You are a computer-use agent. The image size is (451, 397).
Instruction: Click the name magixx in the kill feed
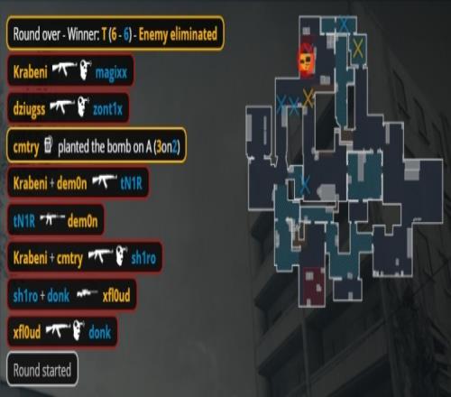click(x=111, y=73)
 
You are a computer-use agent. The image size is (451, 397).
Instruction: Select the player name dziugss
click(x=29, y=108)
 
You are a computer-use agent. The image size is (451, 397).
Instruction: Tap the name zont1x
click(x=107, y=109)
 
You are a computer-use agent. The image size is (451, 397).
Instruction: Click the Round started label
click(x=42, y=370)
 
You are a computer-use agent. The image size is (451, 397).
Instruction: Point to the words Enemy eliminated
click(x=178, y=34)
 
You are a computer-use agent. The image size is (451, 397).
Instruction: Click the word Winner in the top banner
click(x=83, y=34)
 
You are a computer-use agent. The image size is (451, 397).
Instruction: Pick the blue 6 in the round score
click(x=126, y=34)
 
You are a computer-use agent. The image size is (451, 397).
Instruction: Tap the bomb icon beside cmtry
click(x=48, y=144)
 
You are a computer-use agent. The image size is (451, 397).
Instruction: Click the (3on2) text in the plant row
click(x=167, y=147)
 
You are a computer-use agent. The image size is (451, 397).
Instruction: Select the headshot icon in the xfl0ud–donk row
click(x=78, y=330)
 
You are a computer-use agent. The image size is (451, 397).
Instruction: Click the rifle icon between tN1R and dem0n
click(x=52, y=219)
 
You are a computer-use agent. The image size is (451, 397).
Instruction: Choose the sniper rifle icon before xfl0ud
click(x=87, y=293)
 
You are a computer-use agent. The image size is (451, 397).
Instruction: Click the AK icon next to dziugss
click(x=61, y=106)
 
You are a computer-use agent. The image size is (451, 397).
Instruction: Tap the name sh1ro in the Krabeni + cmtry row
click(x=143, y=258)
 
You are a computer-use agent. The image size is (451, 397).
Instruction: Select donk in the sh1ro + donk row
click(x=59, y=295)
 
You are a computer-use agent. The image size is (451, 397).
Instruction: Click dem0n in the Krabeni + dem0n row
click(x=71, y=183)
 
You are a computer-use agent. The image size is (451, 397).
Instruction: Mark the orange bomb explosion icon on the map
click(x=306, y=60)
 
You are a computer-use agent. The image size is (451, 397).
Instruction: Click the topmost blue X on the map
click(x=344, y=24)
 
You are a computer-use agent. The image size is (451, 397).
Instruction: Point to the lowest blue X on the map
click(x=305, y=184)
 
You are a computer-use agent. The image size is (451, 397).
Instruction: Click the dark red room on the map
click(x=312, y=286)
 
